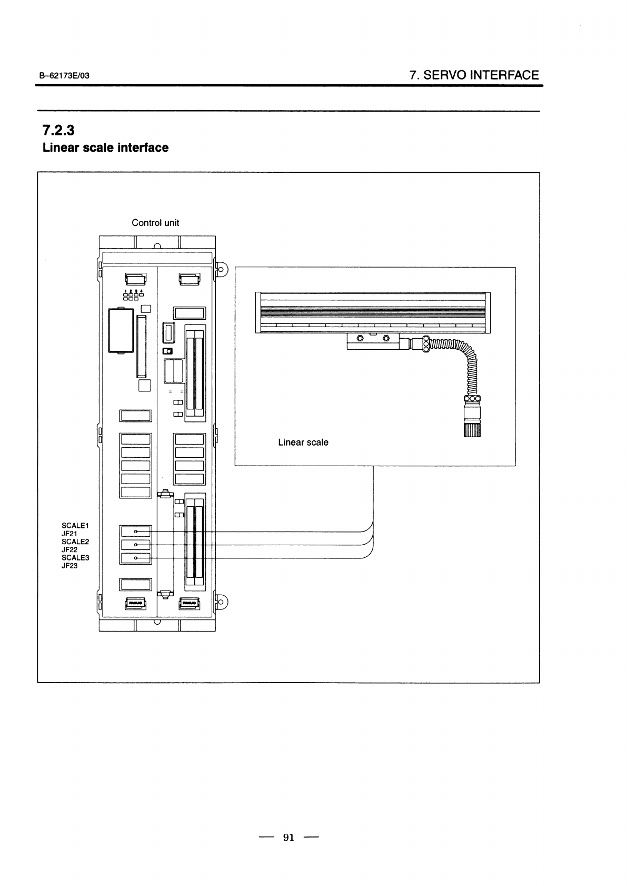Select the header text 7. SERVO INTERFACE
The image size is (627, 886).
(x=474, y=75)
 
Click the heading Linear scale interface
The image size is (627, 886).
(x=105, y=147)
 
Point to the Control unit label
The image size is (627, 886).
(x=155, y=223)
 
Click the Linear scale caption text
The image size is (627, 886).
(x=303, y=442)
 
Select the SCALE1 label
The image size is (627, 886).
(x=75, y=526)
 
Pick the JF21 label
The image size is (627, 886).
(x=69, y=534)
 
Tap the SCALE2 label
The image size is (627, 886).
(x=75, y=542)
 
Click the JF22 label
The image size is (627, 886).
(x=69, y=549)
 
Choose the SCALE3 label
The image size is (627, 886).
(x=75, y=557)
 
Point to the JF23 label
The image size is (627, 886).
(x=69, y=566)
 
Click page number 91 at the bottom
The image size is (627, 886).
(x=288, y=838)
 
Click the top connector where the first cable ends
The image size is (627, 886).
(x=136, y=532)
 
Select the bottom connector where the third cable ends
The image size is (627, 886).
(x=136, y=558)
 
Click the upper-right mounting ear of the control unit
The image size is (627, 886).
(x=221, y=270)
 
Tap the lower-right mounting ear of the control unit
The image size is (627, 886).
(x=221, y=602)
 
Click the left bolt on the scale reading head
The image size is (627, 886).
(x=360, y=338)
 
